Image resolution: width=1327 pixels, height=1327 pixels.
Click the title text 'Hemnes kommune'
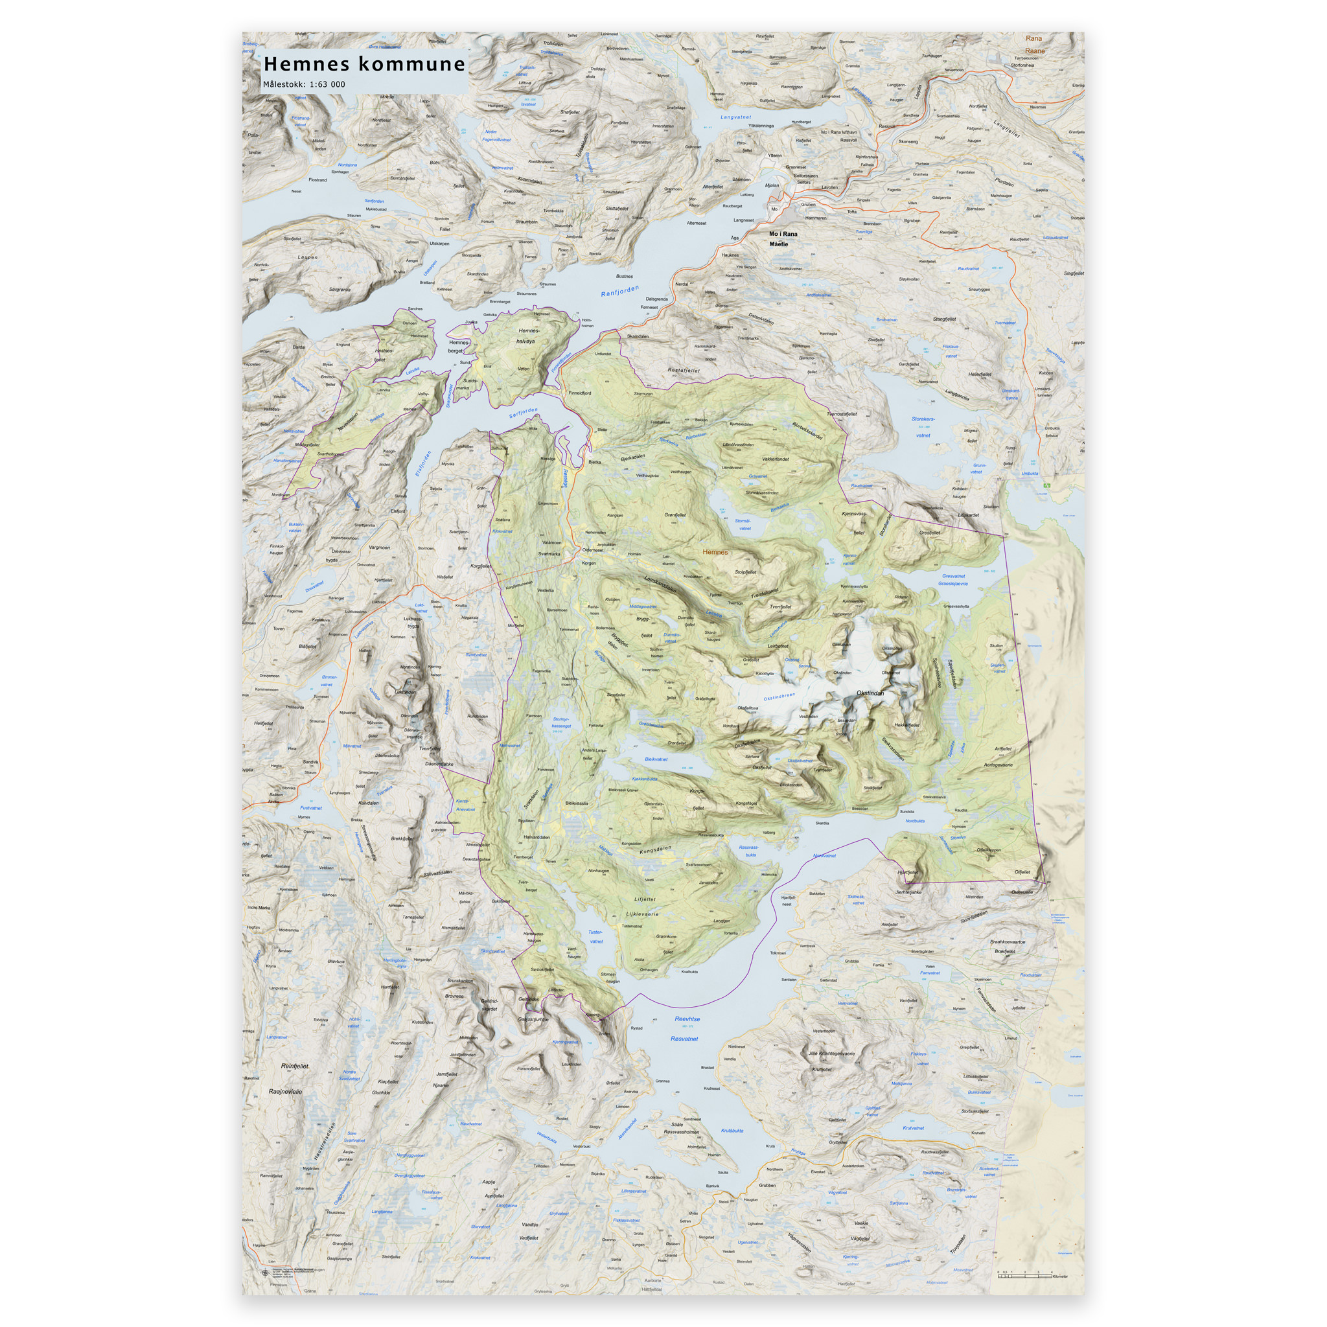click(x=364, y=65)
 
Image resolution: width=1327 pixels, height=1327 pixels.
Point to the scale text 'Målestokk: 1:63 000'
click(x=304, y=84)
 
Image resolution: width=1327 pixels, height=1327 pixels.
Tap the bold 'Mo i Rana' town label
click(x=783, y=234)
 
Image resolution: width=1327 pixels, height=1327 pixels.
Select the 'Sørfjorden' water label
click(x=524, y=413)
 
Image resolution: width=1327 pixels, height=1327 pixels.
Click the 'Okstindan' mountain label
click(x=870, y=693)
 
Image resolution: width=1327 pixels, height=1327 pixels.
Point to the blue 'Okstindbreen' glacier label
click(x=779, y=697)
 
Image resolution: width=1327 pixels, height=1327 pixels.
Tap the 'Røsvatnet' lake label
click(x=684, y=1039)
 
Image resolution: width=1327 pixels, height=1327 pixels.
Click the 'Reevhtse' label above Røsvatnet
click(x=687, y=1019)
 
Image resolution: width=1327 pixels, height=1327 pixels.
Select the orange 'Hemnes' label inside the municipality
click(x=715, y=552)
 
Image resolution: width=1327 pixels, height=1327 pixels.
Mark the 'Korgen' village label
click(x=588, y=563)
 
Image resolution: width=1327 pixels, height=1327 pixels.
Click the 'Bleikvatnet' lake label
click(x=656, y=759)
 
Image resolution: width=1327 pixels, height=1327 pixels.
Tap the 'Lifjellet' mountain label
click(x=645, y=899)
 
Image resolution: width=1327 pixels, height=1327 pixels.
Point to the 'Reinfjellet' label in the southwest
click(x=295, y=1066)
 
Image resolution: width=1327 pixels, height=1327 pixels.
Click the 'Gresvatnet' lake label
click(x=953, y=576)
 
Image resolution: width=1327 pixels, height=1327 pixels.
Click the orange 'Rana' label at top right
click(x=1033, y=38)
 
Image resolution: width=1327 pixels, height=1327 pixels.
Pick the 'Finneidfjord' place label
click(x=580, y=393)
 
